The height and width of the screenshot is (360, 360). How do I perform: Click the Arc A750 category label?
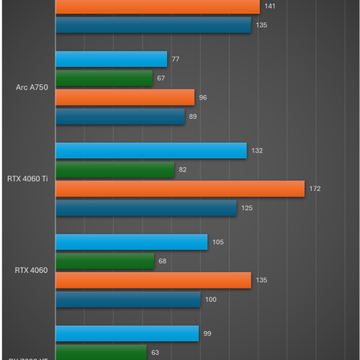click(32, 88)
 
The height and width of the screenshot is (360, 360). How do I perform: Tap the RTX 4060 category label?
click(31, 271)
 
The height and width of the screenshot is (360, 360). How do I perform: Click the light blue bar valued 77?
click(111, 60)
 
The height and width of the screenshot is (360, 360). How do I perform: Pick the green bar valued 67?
click(104, 78)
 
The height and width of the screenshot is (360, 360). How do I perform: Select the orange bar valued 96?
click(125, 97)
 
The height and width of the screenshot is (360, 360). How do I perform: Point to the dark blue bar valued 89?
click(120, 116)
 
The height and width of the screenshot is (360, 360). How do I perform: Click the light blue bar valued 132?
click(150, 150)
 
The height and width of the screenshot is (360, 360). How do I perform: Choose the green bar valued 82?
click(114, 170)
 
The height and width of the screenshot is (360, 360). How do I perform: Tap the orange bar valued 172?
click(180, 189)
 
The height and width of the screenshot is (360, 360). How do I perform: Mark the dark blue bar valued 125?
click(145, 207)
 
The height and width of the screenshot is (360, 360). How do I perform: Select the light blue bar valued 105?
click(131, 242)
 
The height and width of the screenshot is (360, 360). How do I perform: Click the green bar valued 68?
click(104, 261)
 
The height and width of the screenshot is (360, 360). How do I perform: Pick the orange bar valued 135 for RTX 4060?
click(153, 280)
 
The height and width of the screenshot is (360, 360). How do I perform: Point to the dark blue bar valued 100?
click(127, 299)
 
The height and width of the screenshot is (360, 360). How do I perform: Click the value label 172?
click(315, 189)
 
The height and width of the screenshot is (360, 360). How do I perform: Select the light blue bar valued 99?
click(127, 333)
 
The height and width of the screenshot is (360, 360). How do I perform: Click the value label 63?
click(155, 352)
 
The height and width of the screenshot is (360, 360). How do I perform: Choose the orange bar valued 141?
click(157, 6)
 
